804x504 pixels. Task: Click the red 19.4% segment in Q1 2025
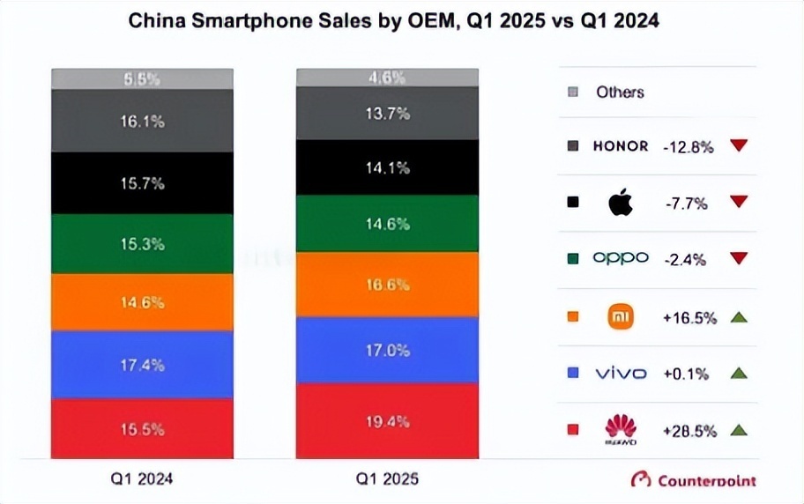(x=387, y=421)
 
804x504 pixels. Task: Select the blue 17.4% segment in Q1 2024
(x=142, y=364)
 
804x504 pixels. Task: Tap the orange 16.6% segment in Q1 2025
(x=387, y=285)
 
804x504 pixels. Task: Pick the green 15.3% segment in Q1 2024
(x=142, y=244)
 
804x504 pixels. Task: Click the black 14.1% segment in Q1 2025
(x=387, y=167)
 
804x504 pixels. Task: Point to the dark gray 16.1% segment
(x=142, y=122)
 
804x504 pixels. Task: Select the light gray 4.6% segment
(x=387, y=78)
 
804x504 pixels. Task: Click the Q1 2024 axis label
(x=142, y=479)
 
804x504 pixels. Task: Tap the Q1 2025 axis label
(x=387, y=479)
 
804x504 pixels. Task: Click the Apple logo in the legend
(x=621, y=202)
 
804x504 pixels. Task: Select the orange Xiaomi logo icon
(x=621, y=315)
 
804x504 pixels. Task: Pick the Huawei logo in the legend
(x=621, y=430)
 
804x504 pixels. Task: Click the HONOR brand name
(x=621, y=146)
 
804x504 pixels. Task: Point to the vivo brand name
(x=621, y=374)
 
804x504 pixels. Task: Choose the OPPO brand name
(x=621, y=258)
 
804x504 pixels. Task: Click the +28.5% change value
(x=689, y=431)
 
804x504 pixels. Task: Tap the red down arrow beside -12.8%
(x=739, y=145)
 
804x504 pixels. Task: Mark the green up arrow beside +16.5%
(x=739, y=315)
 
